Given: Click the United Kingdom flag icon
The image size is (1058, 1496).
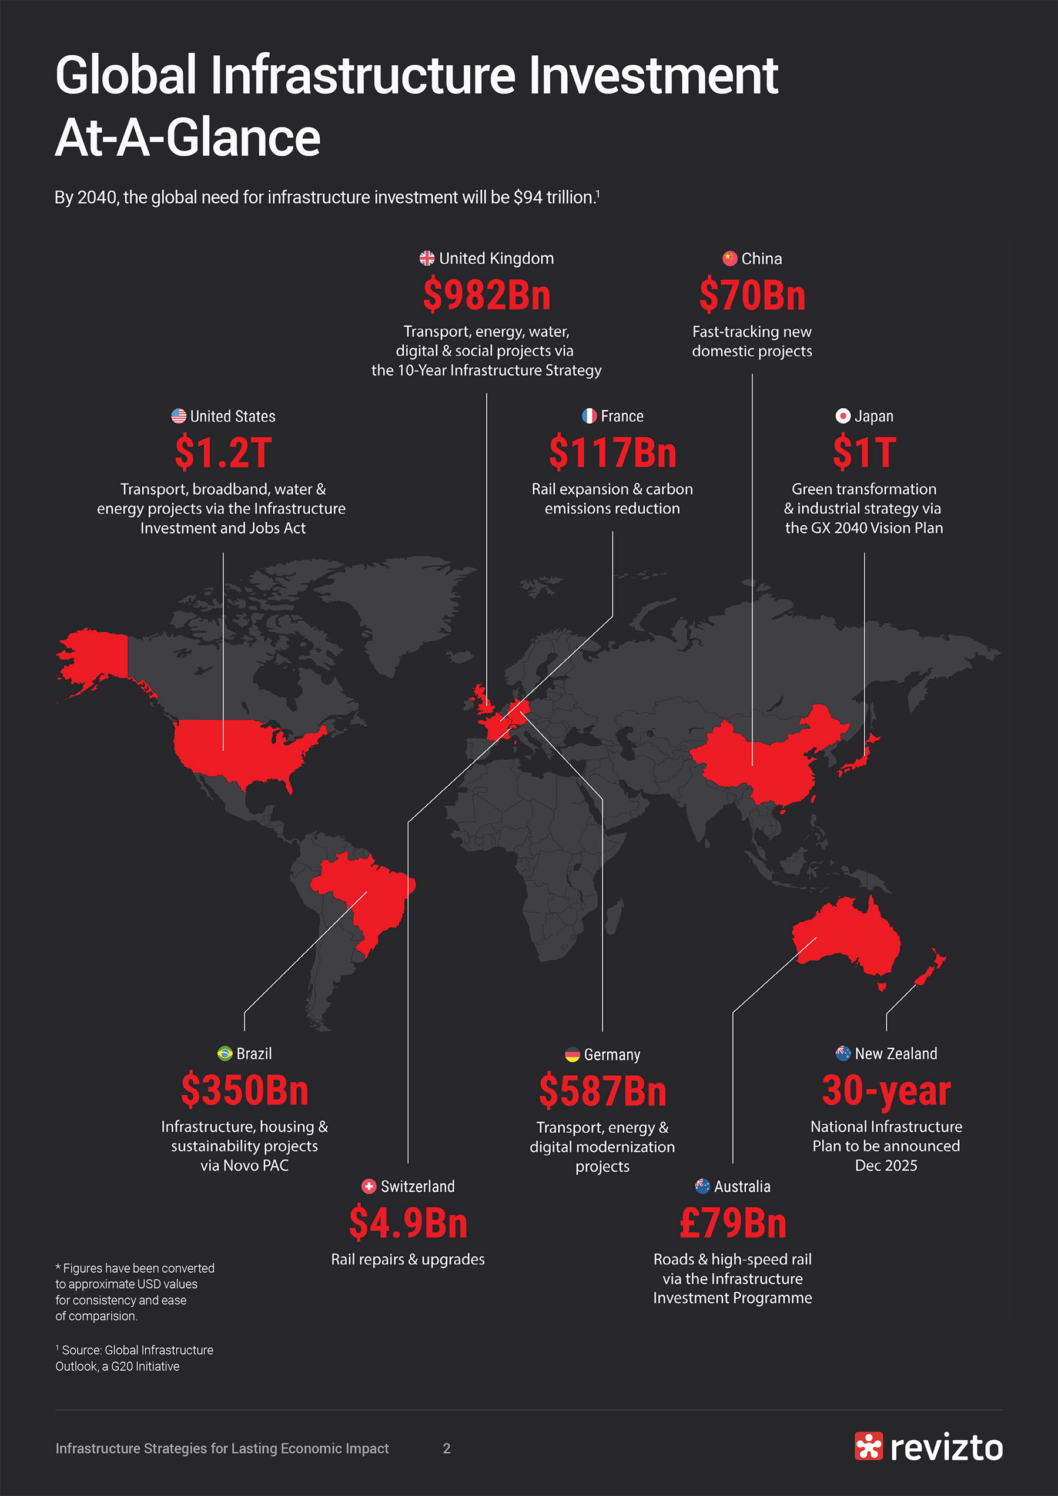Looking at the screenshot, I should point(426,259).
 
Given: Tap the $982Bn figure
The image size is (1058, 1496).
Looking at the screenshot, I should point(486,295).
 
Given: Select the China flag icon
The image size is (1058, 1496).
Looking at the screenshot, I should point(729,259).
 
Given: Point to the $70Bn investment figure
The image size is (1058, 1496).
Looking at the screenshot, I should point(752,295).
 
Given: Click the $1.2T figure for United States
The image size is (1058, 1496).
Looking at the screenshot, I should point(223,453).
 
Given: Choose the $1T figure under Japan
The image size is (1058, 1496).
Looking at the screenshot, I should point(865,453).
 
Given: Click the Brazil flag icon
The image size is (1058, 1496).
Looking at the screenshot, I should point(225,1054).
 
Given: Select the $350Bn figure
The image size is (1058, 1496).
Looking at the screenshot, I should point(245,1090).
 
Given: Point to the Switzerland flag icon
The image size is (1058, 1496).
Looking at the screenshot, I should point(369,1186).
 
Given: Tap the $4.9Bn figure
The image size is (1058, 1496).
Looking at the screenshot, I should point(408,1223).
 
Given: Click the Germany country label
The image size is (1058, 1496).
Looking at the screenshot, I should point(611,1054).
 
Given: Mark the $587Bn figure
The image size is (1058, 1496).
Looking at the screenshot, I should point(602,1091).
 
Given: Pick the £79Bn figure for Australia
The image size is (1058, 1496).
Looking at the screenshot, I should point(733,1223).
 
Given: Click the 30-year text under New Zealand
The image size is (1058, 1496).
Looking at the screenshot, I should point(886,1090).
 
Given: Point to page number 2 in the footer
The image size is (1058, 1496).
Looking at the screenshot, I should point(447,1448).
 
